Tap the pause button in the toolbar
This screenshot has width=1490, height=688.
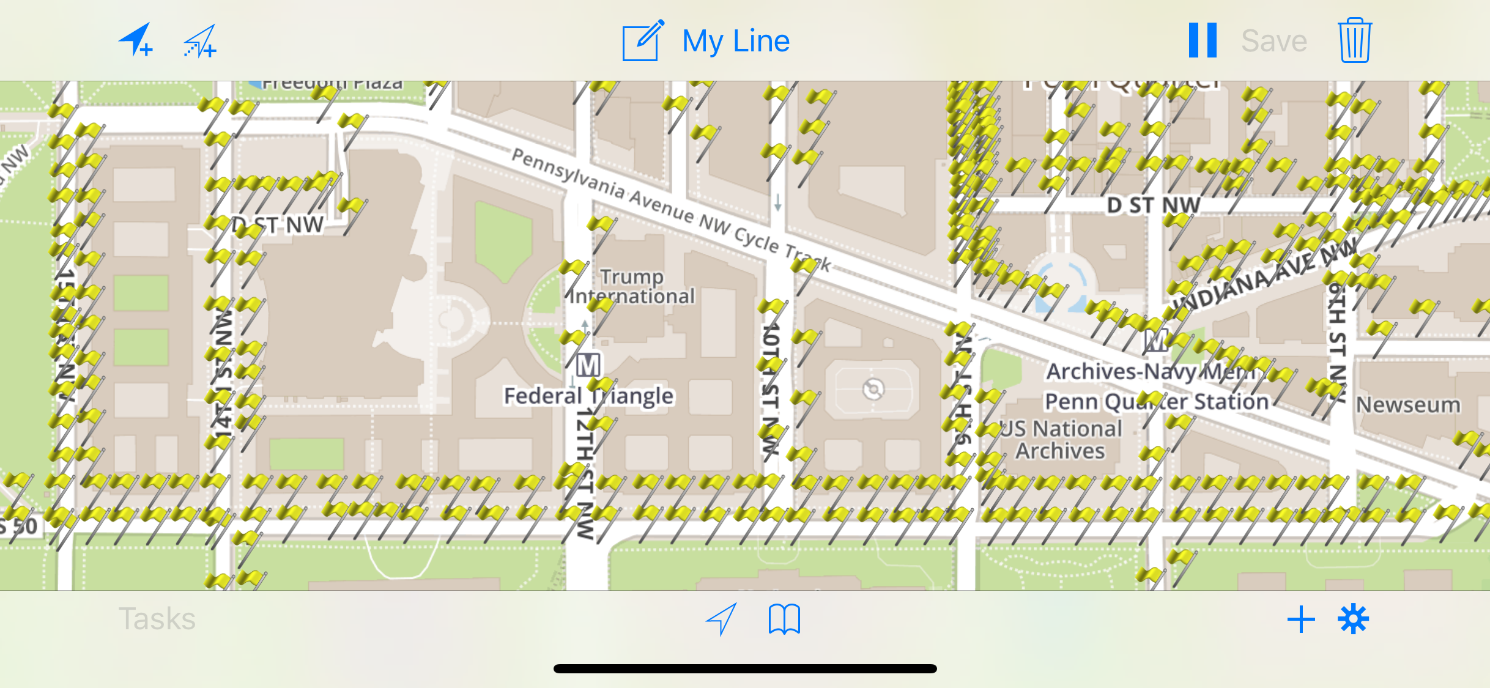1202,40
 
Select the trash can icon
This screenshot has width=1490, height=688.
1354,40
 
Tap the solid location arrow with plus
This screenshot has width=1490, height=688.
136,40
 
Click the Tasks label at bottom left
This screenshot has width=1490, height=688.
157,619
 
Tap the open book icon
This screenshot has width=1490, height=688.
784,620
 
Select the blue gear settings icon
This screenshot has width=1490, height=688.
1353,620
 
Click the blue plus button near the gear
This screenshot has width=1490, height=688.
1301,620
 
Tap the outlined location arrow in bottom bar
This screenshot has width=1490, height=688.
722,619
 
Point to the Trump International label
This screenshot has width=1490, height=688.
632,287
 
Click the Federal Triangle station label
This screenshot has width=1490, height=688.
588,396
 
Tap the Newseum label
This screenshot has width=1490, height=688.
1408,405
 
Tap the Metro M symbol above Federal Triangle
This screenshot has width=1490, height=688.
588,365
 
